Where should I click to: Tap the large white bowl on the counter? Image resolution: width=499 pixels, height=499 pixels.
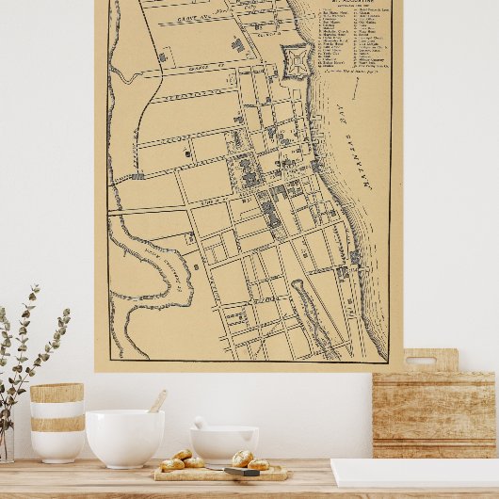[x=124, y=437]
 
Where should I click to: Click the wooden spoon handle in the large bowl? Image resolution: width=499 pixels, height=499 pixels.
[x=157, y=402]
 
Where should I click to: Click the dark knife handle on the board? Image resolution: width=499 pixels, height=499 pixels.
[x=241, y=471]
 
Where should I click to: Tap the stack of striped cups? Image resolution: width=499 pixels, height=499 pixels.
[x=57, y=422]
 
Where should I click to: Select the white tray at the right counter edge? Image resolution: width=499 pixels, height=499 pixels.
[x=414, y=472]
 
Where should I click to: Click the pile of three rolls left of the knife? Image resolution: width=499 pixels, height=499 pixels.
[x=182, y=460]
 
